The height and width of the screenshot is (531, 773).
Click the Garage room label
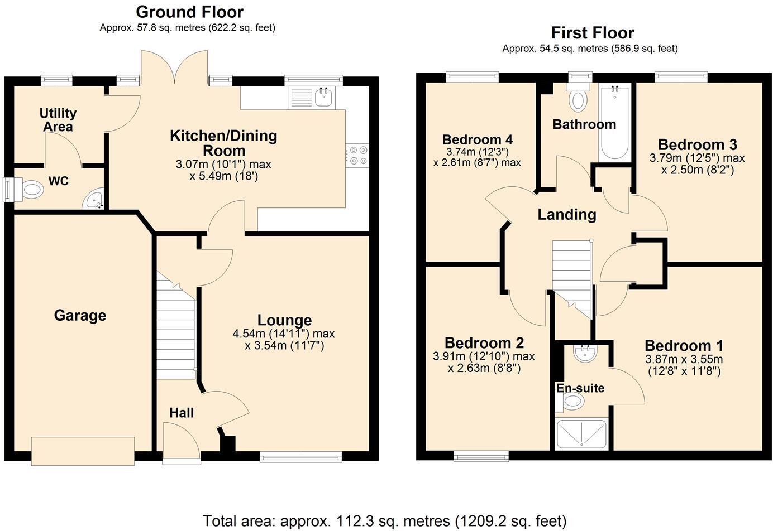80,316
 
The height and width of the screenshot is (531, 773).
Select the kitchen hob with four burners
357,155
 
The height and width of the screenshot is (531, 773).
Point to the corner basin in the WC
93,200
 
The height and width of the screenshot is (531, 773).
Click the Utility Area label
58,120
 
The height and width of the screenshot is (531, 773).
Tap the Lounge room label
284,320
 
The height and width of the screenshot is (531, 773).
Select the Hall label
182,413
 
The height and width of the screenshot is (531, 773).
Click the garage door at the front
83,451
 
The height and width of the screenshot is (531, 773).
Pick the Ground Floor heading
189,12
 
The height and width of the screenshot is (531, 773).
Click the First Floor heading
592,33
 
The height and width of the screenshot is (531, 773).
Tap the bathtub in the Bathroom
614,123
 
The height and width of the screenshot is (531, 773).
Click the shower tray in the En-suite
581,434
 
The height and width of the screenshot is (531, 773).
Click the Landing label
567,215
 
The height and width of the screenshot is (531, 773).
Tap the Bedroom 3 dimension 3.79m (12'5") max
696,158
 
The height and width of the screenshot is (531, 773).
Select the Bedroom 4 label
477,139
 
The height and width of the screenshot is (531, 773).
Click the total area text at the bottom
384,521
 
